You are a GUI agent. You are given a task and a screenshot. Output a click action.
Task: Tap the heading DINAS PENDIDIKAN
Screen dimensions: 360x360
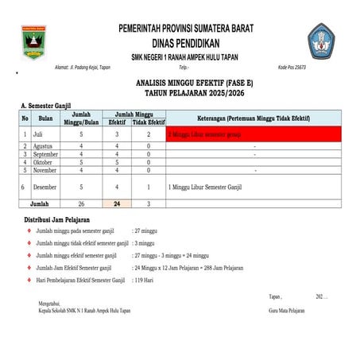(185, 42)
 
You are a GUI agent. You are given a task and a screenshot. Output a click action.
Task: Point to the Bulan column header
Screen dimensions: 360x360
(46, 118)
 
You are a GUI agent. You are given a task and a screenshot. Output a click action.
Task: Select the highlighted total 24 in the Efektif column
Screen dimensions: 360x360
(117, 204)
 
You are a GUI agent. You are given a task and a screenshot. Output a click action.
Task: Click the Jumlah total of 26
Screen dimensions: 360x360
(82, 204)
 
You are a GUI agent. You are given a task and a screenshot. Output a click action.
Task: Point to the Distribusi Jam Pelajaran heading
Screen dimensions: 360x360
(56, 219)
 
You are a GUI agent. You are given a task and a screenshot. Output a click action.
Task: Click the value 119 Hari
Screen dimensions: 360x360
(144, 281)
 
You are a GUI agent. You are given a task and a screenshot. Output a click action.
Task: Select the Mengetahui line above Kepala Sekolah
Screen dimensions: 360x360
(48, 303)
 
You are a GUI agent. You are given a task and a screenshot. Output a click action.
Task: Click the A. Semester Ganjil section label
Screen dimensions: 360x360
(47, 105)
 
